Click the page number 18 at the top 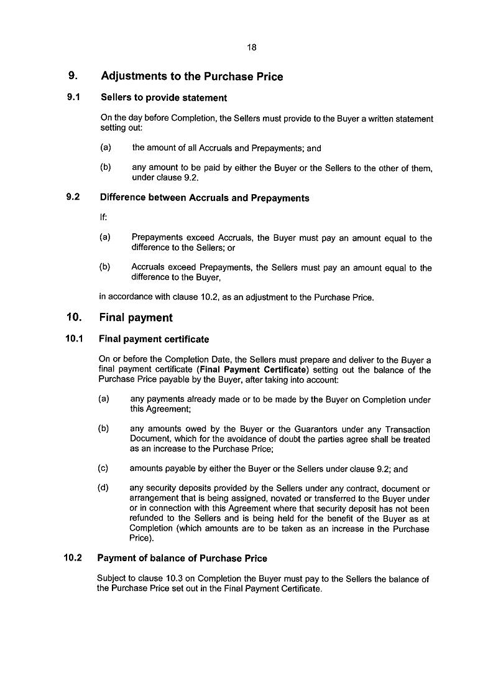[x=251, y=47]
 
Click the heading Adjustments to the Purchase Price [x=191, y=77]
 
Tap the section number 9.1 [x=73, y=98]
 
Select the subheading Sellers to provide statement [x=163, y=98]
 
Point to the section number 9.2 [x=73, y=198]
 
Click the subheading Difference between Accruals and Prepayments [x=204, y=198]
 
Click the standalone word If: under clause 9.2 [x=104, y=218]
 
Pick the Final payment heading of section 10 [x=136, y=318]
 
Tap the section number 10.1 [x=74, y=339]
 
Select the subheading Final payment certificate [x=154, y=340]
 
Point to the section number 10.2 [x=73, y=558]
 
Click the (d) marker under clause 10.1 [x=103, y=488]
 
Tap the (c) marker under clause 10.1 [x=103, y=469]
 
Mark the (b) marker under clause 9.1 [x=105, y=168]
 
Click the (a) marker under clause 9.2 [x=104, y=238]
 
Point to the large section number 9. [x=72, y=77]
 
